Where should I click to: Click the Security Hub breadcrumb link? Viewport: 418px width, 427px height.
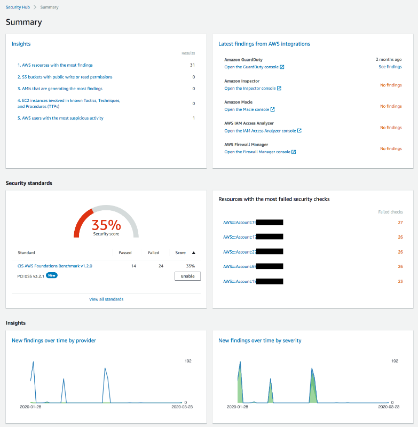tap(18, 7)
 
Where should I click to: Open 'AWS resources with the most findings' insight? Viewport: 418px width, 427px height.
tap(55, 65)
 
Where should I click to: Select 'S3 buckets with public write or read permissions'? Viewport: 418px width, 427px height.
tap(65, 77)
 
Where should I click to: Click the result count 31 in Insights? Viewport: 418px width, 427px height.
tap(192, 65)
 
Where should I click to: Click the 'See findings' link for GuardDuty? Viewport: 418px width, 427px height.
tap(390, 67)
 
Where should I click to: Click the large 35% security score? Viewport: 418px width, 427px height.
tap(106, 225)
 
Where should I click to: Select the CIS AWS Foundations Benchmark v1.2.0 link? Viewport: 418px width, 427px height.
tap(55, 266)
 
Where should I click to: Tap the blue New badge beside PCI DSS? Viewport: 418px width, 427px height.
tap(51, 275)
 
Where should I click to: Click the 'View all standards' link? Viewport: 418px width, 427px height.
tap(106, 299)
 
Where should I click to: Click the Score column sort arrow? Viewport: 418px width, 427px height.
tap(194, 253)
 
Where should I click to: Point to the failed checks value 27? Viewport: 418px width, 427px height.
tap(400, 223)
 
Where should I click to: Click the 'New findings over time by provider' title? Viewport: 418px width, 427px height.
tap(54, 341)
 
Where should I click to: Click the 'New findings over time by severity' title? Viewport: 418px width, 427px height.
tap(260, 341)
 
